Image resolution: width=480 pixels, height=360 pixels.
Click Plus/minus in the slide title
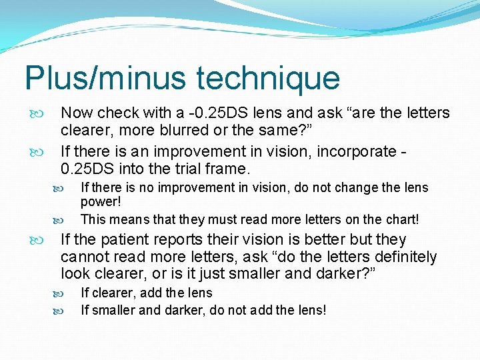pyautogui.click(x=105, y=78)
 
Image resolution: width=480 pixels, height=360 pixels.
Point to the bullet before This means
pyautogui.click(x=57, y=219)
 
